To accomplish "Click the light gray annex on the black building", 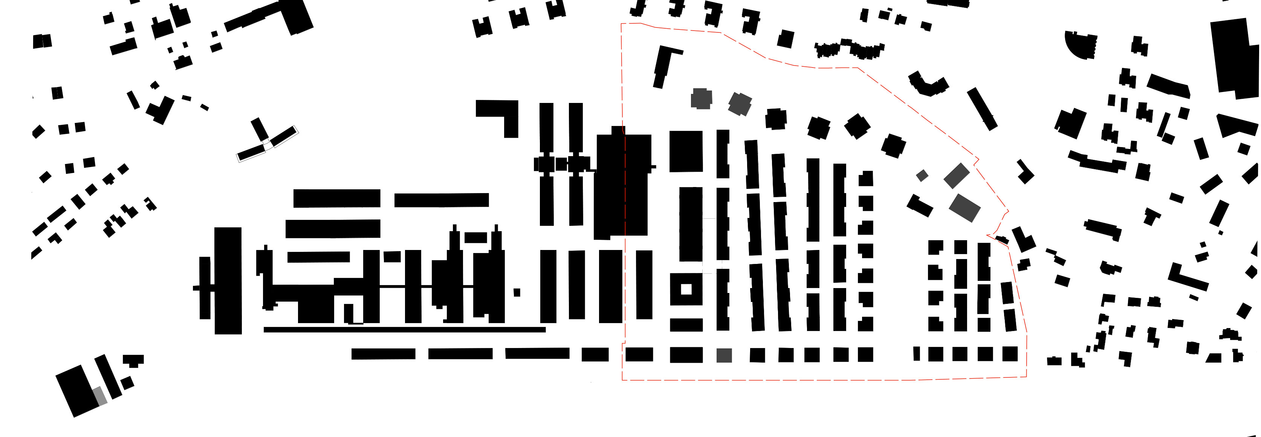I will click(100, 396).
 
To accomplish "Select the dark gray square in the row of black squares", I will click(724, 356).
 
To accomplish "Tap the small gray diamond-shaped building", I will click(922, 175).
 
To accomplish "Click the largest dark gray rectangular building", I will click(964, 208).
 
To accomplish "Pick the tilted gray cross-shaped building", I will click(740, 104).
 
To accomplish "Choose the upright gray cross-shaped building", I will click(701, 98).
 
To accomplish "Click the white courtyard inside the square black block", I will click(686, 289).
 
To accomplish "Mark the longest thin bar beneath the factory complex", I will click(404, 330).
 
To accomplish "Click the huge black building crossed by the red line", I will click(623, 184).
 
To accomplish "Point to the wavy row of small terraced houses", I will click(849, 49).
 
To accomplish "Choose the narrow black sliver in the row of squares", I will click(916, 354).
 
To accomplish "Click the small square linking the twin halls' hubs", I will click(561, 164).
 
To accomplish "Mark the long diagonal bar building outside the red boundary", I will click(982, 109).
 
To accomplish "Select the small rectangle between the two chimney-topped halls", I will click(475, 238).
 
